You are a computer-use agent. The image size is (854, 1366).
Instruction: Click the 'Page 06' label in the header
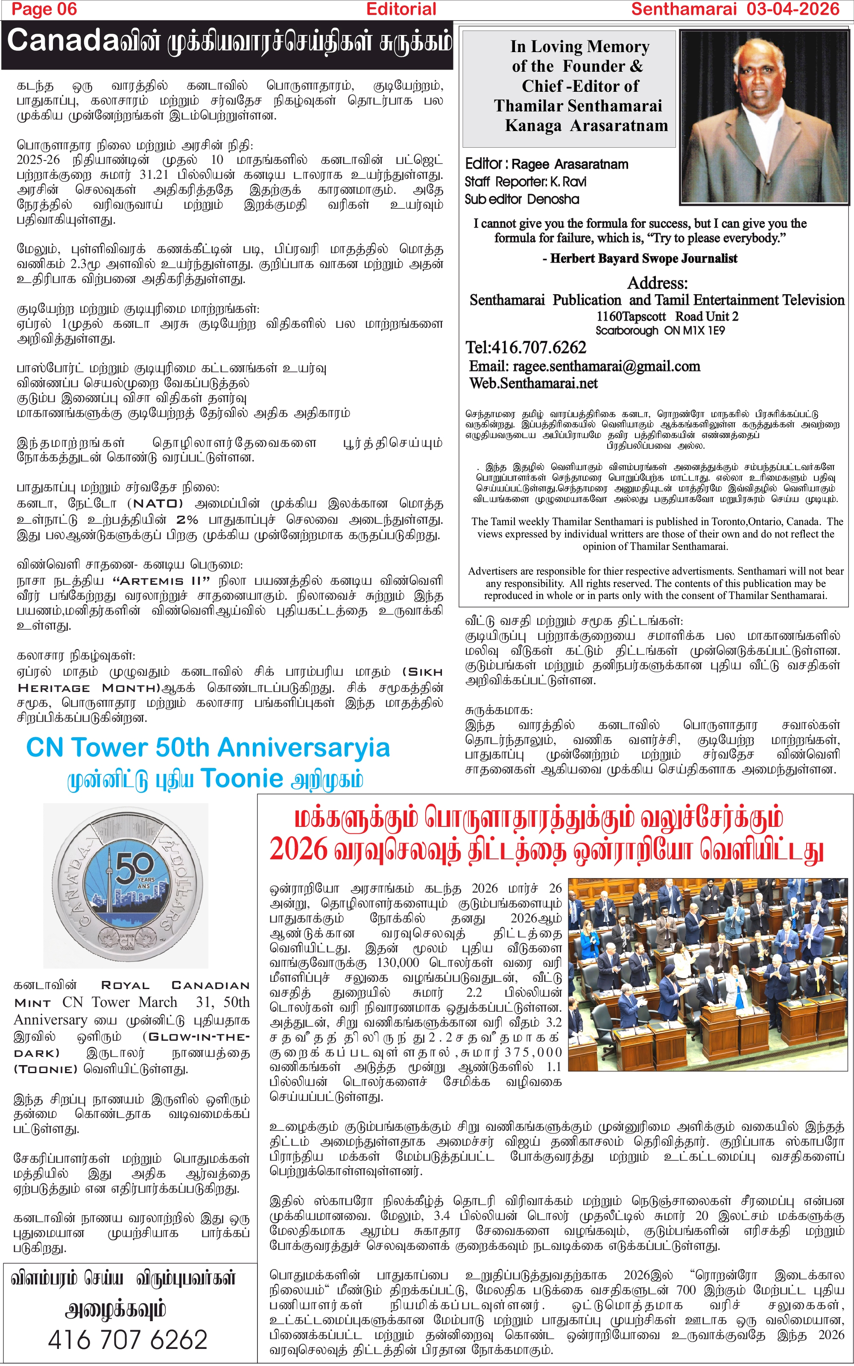pos(44,9)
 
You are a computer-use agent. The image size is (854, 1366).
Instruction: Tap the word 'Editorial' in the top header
pos(401,9)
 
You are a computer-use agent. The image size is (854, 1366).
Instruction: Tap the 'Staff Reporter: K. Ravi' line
pos(525,182)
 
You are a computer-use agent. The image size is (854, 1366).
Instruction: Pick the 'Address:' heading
pos(658,282)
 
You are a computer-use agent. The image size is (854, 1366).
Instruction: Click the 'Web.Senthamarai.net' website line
pos(533,383)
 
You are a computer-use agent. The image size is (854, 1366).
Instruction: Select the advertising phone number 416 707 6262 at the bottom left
pos(128,1340)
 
